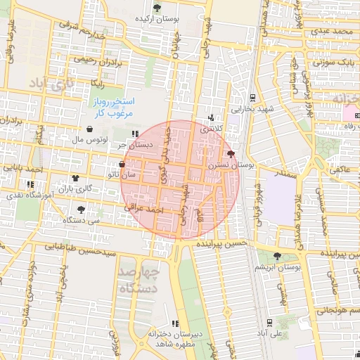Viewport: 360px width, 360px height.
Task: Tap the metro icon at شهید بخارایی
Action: click(252, 96)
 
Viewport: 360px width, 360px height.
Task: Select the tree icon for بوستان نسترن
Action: click(231, 153)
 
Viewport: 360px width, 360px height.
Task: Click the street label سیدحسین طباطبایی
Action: click(80, 247)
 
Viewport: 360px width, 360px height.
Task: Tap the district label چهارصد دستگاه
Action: click(139, 278)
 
